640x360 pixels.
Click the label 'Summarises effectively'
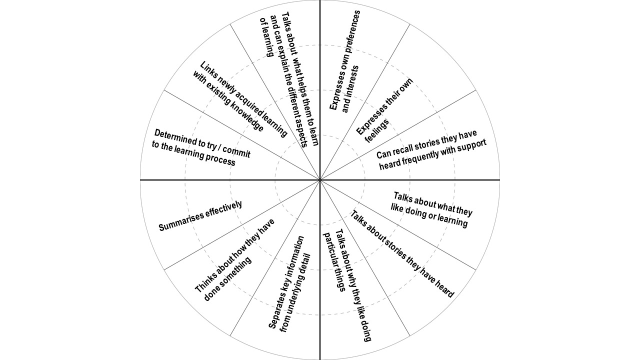(200, 215)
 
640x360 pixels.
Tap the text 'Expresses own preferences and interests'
(345, 61)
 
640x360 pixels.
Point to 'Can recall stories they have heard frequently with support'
(431, 150)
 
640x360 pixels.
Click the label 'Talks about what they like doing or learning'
(431, 209)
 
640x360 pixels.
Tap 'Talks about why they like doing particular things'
(347, 285)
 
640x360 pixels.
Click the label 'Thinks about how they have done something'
(235, 260)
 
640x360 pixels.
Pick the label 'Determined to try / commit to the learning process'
(201, 147)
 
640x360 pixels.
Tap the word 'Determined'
(174, 137)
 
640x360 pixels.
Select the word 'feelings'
(377, 131)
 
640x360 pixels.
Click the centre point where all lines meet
(320, 180)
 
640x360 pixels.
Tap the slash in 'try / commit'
(217, 146)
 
